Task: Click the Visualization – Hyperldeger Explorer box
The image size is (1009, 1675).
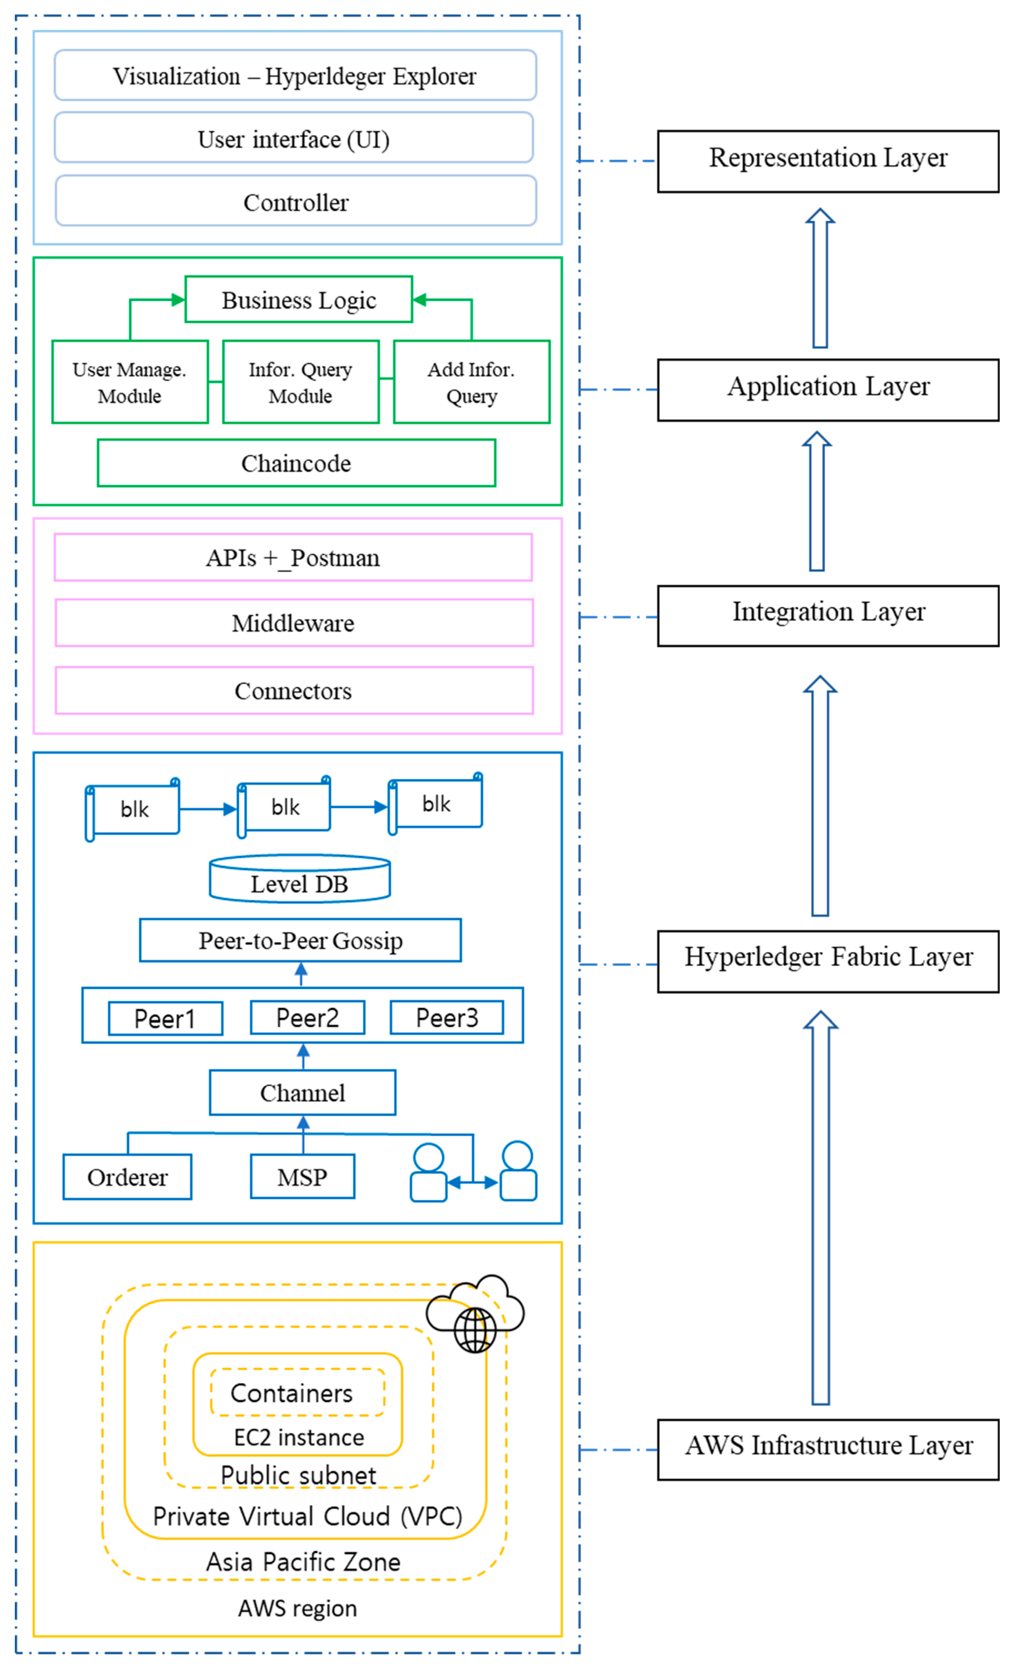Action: click(x=295, y=75)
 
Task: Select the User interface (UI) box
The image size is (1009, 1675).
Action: click(x=294, y=138)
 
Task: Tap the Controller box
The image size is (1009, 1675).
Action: click(x=295, y=201)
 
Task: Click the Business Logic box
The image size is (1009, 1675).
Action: click(x=298, y=299)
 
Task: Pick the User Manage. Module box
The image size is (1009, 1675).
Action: click(x=130, y=382)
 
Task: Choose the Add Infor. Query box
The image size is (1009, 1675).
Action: click(x=471, y=382)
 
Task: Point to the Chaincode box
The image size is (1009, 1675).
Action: click(x=296, y=463)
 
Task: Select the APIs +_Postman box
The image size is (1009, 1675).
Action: click(x=293, y=558)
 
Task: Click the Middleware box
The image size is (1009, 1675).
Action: click(x=294, y=623)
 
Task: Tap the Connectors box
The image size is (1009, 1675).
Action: click(x=294, y=691)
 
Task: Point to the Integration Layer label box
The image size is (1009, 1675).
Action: click(x=827, y=616)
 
